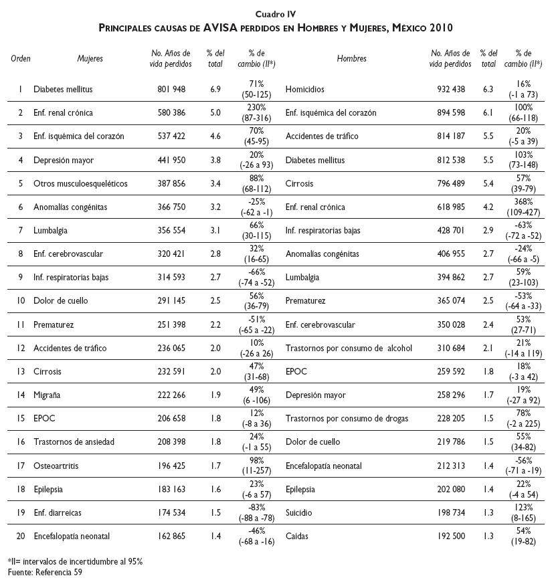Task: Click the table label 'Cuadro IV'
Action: tap(276, 14)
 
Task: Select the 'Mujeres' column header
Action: tap(90, 59)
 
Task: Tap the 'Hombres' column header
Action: tap(352, 59)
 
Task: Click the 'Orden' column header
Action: tap(21, 59)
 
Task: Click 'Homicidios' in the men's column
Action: tap(305, 89)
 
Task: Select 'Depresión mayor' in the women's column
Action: tap(64, 161)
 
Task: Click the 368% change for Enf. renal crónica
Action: tap(524, 201)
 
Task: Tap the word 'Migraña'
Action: tap(48, 395)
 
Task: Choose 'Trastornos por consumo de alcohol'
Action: tap(349, 348)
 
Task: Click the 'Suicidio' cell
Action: tap(299, 512)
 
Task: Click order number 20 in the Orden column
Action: tap(21, 536)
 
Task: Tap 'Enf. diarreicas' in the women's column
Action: tap(59, 512)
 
